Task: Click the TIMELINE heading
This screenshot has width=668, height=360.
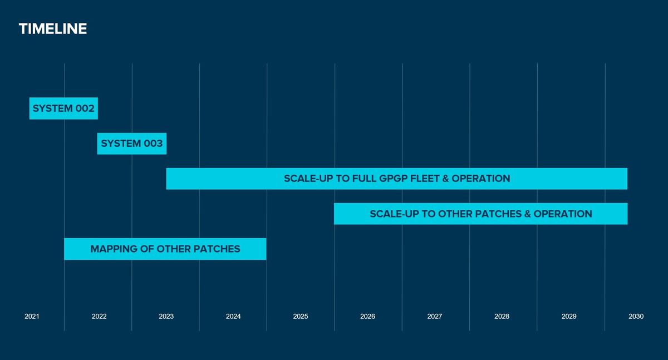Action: (x=53, y=29)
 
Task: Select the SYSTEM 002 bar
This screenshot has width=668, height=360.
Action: (x=63, y=109)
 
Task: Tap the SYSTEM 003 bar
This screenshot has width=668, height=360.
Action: (x=132, y=144)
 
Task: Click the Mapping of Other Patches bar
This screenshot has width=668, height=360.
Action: (x=165, y=249)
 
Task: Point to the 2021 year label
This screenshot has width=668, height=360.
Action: (x=32, y=317)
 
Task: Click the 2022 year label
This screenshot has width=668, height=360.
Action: (x=99, y=317)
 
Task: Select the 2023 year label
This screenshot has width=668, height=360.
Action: (x=166, y=317)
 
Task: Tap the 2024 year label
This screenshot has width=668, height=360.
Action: (x=233, y=317)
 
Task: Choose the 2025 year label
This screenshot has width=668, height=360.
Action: (x=300, y=317)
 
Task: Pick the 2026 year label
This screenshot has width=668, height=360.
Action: (x=367, y=317)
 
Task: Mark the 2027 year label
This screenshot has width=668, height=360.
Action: (x=435, y=317)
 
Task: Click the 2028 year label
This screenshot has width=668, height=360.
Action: (x=502, y=317)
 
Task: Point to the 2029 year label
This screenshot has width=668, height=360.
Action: (x=569, y=317)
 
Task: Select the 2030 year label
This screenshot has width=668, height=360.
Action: (x=636, y=317)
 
